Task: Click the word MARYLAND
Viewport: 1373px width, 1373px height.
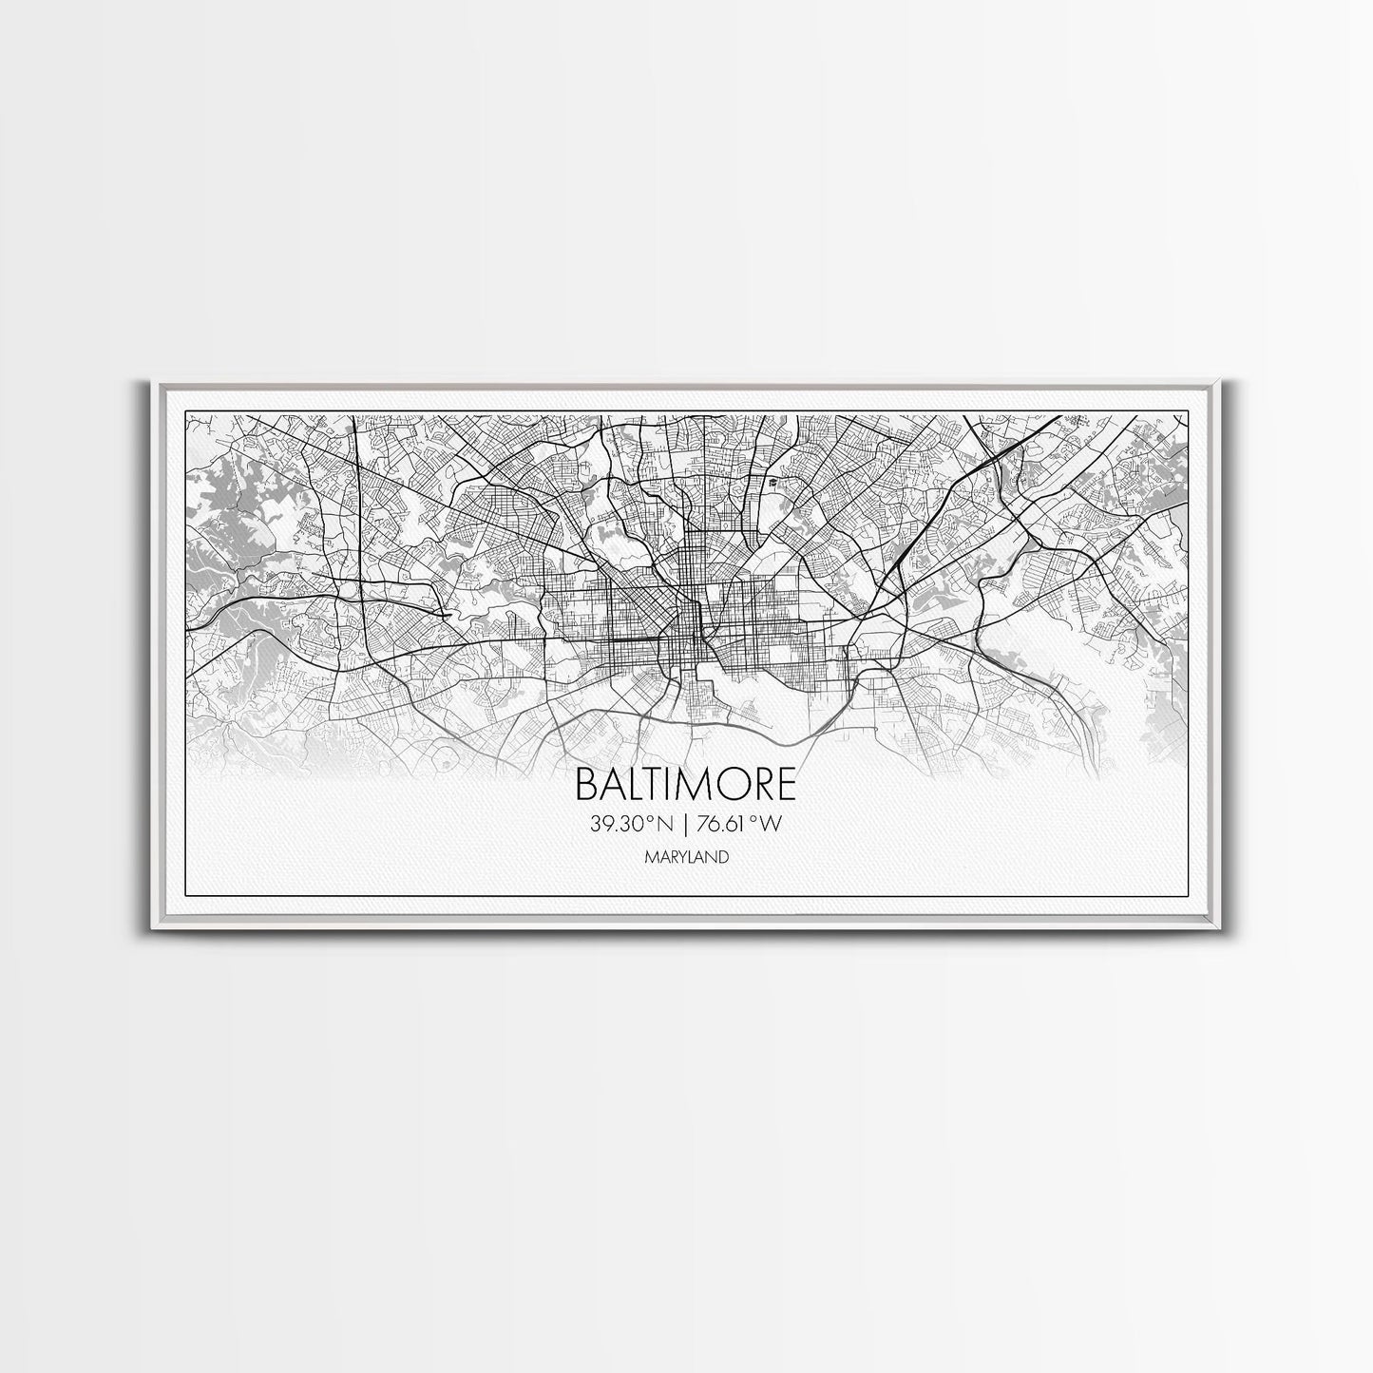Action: (x=686, y=857)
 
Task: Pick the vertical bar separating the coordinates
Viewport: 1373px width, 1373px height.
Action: (x=686, y=825)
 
